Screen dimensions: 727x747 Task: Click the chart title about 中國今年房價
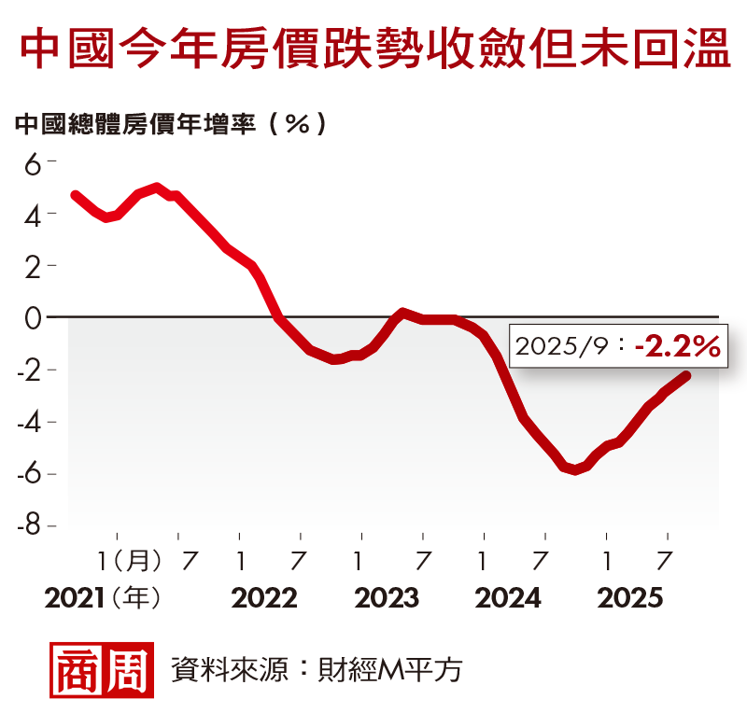click(373, 49)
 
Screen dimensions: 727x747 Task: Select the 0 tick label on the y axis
click(34, 317)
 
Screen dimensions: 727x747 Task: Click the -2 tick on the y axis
click(29, 370)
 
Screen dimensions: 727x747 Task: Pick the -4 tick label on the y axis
click(29, 422)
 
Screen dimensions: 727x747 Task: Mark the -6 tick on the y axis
click(29, 473)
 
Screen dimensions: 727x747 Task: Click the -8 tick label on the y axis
click(29, 525)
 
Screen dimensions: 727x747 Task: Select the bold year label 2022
click(264, 598)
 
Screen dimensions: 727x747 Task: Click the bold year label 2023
click(387, 598)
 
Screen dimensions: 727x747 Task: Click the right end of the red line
click(686, 376)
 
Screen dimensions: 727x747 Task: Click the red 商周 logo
click(102, 670)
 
